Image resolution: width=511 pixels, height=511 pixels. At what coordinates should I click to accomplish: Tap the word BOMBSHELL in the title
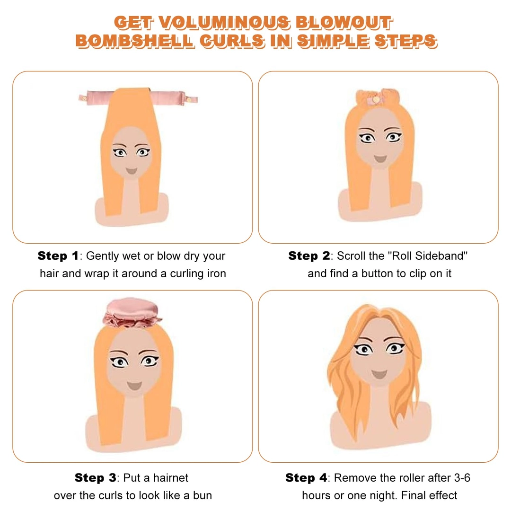click(x=135, y=41)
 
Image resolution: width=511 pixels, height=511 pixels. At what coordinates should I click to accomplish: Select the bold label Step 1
click(x=58, y=256)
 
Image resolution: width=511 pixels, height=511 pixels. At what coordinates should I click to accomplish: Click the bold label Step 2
click(x=309, y=256)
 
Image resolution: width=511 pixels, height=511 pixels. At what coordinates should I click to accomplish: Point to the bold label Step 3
click(x=95, y=478)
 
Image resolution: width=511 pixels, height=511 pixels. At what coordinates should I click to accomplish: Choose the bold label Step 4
click(x=306, y=478)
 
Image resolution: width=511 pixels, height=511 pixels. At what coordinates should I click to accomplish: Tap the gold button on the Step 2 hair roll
click(x=376, y=99)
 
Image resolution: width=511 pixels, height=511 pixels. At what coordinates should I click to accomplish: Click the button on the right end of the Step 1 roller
click(x=188, y=99)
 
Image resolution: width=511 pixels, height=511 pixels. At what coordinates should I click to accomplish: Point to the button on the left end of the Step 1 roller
click(x=84, y=98)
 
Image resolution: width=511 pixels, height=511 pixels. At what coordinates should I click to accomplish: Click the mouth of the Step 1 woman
click(x=132, y=171)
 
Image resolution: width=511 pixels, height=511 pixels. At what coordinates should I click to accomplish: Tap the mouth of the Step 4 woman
click(x=379, y=374)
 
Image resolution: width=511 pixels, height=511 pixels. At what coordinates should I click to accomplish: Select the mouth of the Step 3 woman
click(x=134, y=386)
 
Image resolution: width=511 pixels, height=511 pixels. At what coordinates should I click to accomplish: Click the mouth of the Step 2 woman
click(x=380, y=159)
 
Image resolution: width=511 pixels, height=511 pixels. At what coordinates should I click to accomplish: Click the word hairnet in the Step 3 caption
click(x=170, y=478)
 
